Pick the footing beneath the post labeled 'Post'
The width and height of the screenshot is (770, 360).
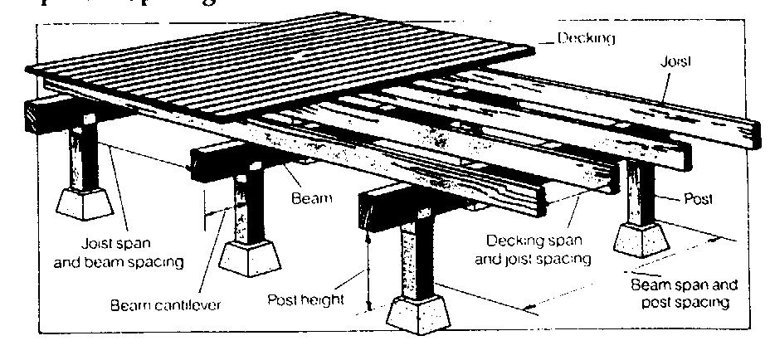click(644, 240)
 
